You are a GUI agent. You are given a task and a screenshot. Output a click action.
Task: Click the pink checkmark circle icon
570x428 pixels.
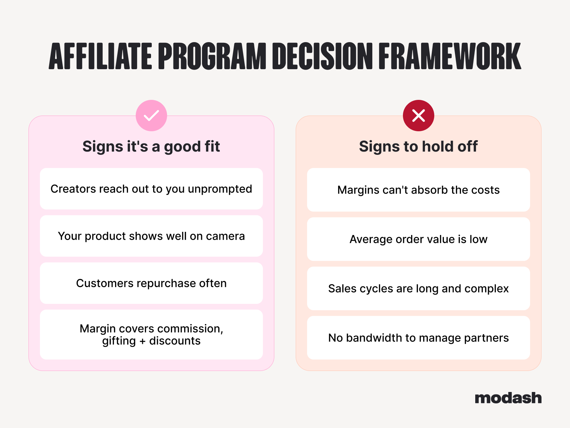click(x=151, y=116)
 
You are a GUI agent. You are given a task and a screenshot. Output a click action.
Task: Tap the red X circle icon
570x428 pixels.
click(x=418, y=116)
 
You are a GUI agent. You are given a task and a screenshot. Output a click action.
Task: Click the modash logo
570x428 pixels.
click(x=508, y=398)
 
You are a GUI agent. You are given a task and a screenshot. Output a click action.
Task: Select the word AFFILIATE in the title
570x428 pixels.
click(x=100, y=56)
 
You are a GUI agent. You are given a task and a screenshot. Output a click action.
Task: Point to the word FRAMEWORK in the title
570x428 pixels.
click(x=450, y=56)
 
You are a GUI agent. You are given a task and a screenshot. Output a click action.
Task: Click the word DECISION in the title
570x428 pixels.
click(x=322, y=56)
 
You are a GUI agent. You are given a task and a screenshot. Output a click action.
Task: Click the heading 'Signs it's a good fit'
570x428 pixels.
click(x=151, y=146)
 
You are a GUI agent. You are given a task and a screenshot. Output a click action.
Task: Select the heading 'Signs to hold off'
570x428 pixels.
click(x=418, y=146)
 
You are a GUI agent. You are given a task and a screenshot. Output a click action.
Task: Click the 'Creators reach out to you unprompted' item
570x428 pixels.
click(x=151, y=189)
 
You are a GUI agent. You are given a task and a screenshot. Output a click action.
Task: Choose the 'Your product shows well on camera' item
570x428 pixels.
click(x=151, y=236)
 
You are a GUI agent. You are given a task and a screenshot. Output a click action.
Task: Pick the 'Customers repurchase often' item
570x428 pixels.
click(x=151, y=283)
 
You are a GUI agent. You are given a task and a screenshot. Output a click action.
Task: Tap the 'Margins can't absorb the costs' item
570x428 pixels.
click(x=418, y=190)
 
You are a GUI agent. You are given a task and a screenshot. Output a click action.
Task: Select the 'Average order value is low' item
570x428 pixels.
click(x=418, y=239)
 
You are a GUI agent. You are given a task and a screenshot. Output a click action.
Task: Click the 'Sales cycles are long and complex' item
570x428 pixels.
click(x=418, y=289)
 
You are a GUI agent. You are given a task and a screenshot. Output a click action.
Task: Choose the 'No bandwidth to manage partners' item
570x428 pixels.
click(x=418, y=338)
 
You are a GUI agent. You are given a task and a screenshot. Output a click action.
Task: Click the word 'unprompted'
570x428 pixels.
click(x=220, y=189)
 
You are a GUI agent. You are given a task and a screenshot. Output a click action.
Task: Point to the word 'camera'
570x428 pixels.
click(x=226, y=236)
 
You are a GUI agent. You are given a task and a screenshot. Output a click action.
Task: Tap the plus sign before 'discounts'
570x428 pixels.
click(x=142, y=341)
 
